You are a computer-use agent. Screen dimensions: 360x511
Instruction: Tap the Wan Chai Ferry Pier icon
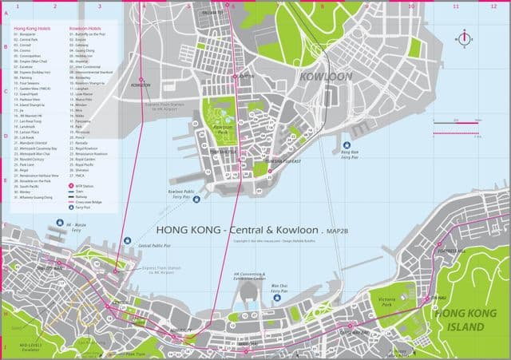coord(279,275)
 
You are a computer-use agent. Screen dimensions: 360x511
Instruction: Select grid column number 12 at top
coord(493,6)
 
